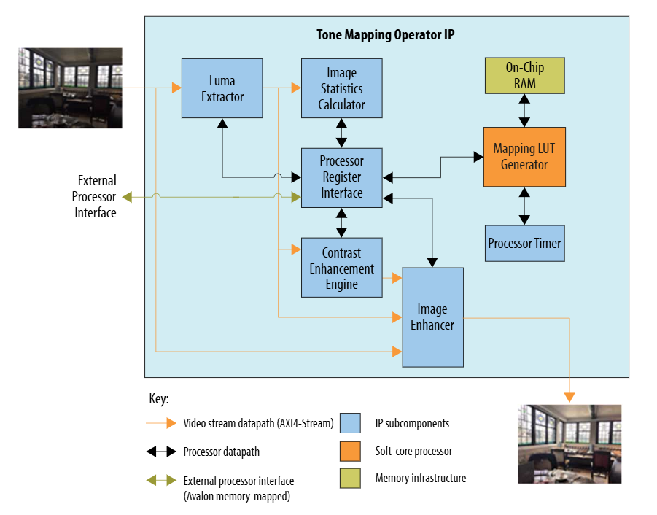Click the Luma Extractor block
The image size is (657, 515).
click(x=222, y=88)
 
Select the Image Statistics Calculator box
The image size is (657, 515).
click(x=341, y=88)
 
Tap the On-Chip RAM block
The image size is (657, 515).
click(x=524, y=76)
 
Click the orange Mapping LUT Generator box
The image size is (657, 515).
click(x=524, y=157)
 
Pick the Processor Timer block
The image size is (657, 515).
click(x=524, y=243)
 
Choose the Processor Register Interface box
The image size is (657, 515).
click(x=341, y=177)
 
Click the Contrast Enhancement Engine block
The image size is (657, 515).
click(x=341, y=268)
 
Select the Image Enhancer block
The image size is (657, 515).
click(x=432, y=317)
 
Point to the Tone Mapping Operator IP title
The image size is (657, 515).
click(x=386, y=35)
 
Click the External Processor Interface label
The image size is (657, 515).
click(x=96, y=196)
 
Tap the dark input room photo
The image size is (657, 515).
click(x=70, y=88)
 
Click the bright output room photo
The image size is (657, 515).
click(x=569, y=444)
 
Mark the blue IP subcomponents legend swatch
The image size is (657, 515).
click(x=350, y=423)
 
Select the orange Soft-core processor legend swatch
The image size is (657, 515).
click(x=350, y=451)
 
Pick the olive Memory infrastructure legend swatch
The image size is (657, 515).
click(x=350, y=479)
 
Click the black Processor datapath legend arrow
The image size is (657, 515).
click(x=161, y=452)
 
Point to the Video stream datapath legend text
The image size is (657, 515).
click(x=258, y=423)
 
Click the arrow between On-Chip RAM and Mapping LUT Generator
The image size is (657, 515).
click(x=524, y=110)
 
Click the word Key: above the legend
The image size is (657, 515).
click(x=159, y=400)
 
